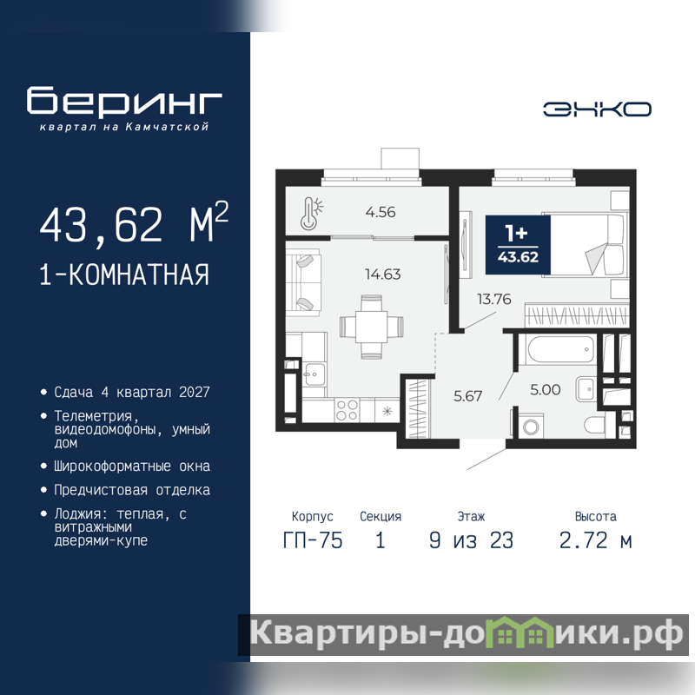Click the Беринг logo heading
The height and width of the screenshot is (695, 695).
(124, 101)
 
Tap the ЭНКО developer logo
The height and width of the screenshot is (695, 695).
(597, 109)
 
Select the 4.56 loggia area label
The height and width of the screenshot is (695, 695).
(381, 212)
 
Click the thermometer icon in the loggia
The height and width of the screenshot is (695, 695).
(312, 214)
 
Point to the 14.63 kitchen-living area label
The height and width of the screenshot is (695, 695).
(383, 275)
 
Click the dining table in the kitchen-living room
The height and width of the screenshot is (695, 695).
(372, 328)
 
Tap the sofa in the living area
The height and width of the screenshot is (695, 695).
(303, 282)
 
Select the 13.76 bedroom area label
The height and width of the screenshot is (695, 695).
(493, 299)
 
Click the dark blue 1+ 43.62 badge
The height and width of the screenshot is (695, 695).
(518, 245)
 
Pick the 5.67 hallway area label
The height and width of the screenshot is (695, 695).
(467, 396)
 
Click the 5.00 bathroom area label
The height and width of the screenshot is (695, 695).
(546, 389)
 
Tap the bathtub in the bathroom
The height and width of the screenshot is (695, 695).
(560, 350)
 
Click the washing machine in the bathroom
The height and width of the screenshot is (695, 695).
(530, 426)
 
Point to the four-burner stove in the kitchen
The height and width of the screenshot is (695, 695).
(347, 410)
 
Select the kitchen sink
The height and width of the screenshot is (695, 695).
(314, 375)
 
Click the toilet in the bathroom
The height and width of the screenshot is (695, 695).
(594, 426)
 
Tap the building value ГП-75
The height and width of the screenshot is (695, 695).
(313, 540)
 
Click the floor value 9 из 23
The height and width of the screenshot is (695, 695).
(471, 540)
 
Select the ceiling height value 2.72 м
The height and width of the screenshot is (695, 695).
(595, 540)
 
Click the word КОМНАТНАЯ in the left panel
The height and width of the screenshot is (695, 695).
(139, 275)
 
